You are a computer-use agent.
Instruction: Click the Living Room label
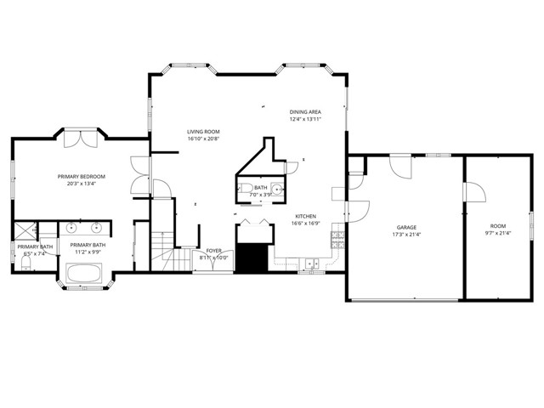203,132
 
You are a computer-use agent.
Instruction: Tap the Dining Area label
305,111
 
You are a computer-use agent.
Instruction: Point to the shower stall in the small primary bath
24,229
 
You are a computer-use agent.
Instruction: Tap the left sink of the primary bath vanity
72,228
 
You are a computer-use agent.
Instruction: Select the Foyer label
214,251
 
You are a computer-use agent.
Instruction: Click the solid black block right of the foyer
250,258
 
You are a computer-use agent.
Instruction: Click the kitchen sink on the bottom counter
312,263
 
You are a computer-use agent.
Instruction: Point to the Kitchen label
306,217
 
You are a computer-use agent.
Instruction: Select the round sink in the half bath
276,189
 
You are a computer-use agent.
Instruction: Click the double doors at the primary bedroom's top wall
82,136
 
